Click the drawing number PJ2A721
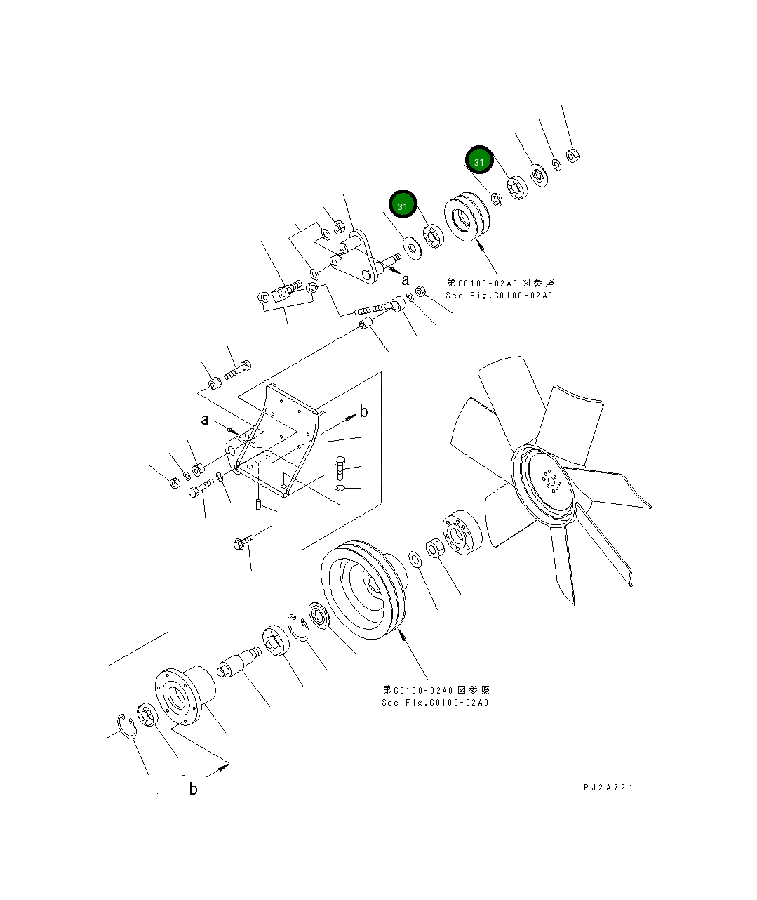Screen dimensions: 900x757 (x=608, y=788)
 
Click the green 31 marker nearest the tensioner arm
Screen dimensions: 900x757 (x=403, y=206)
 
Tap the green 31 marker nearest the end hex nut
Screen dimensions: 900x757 (x=479, y=161)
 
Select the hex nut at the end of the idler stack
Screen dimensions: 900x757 (x=572, y=154)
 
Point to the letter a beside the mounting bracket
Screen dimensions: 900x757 (x=205, y=420)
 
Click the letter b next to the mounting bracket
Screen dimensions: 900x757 (x=363, y=412)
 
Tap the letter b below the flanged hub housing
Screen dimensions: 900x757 (x=193, y=789)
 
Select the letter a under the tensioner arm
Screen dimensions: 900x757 (x=405, y=280)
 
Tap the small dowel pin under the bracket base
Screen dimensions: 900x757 (x=257, y=504)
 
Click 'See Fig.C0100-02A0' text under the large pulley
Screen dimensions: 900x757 (x=435, y=703)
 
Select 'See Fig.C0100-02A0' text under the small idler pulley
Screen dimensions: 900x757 (x=499, y=296)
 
